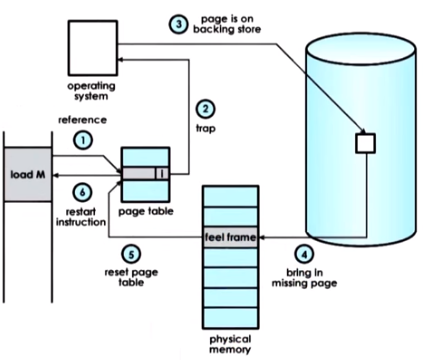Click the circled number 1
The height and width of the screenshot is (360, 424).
[83, 140]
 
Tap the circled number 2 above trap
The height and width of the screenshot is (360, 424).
[205, 109]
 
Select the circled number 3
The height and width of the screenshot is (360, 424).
[179, 24]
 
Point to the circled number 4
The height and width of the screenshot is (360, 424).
[304, 255]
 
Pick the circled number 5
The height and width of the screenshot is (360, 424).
[131, 255]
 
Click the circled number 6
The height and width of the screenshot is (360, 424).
[82, 192]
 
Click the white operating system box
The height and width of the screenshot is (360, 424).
[93, 48]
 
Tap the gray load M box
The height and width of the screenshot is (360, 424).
[28, 174]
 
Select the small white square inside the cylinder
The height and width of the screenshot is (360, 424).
[365, 143]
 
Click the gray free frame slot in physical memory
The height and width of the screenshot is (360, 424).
[230, 237]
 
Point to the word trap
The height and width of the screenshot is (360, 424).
[205, 128]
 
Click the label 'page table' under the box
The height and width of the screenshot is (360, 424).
[146, 211]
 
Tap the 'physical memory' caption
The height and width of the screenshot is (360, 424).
[230, 344]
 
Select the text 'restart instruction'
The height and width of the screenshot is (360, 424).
[81, 217]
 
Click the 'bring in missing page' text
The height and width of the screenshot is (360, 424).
[304, 278]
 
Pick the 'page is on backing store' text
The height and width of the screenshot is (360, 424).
[227, 24]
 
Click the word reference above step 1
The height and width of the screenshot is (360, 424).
[82, 120]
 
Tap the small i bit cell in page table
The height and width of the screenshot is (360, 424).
[161, 174]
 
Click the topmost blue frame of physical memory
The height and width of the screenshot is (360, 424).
[230, 197]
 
